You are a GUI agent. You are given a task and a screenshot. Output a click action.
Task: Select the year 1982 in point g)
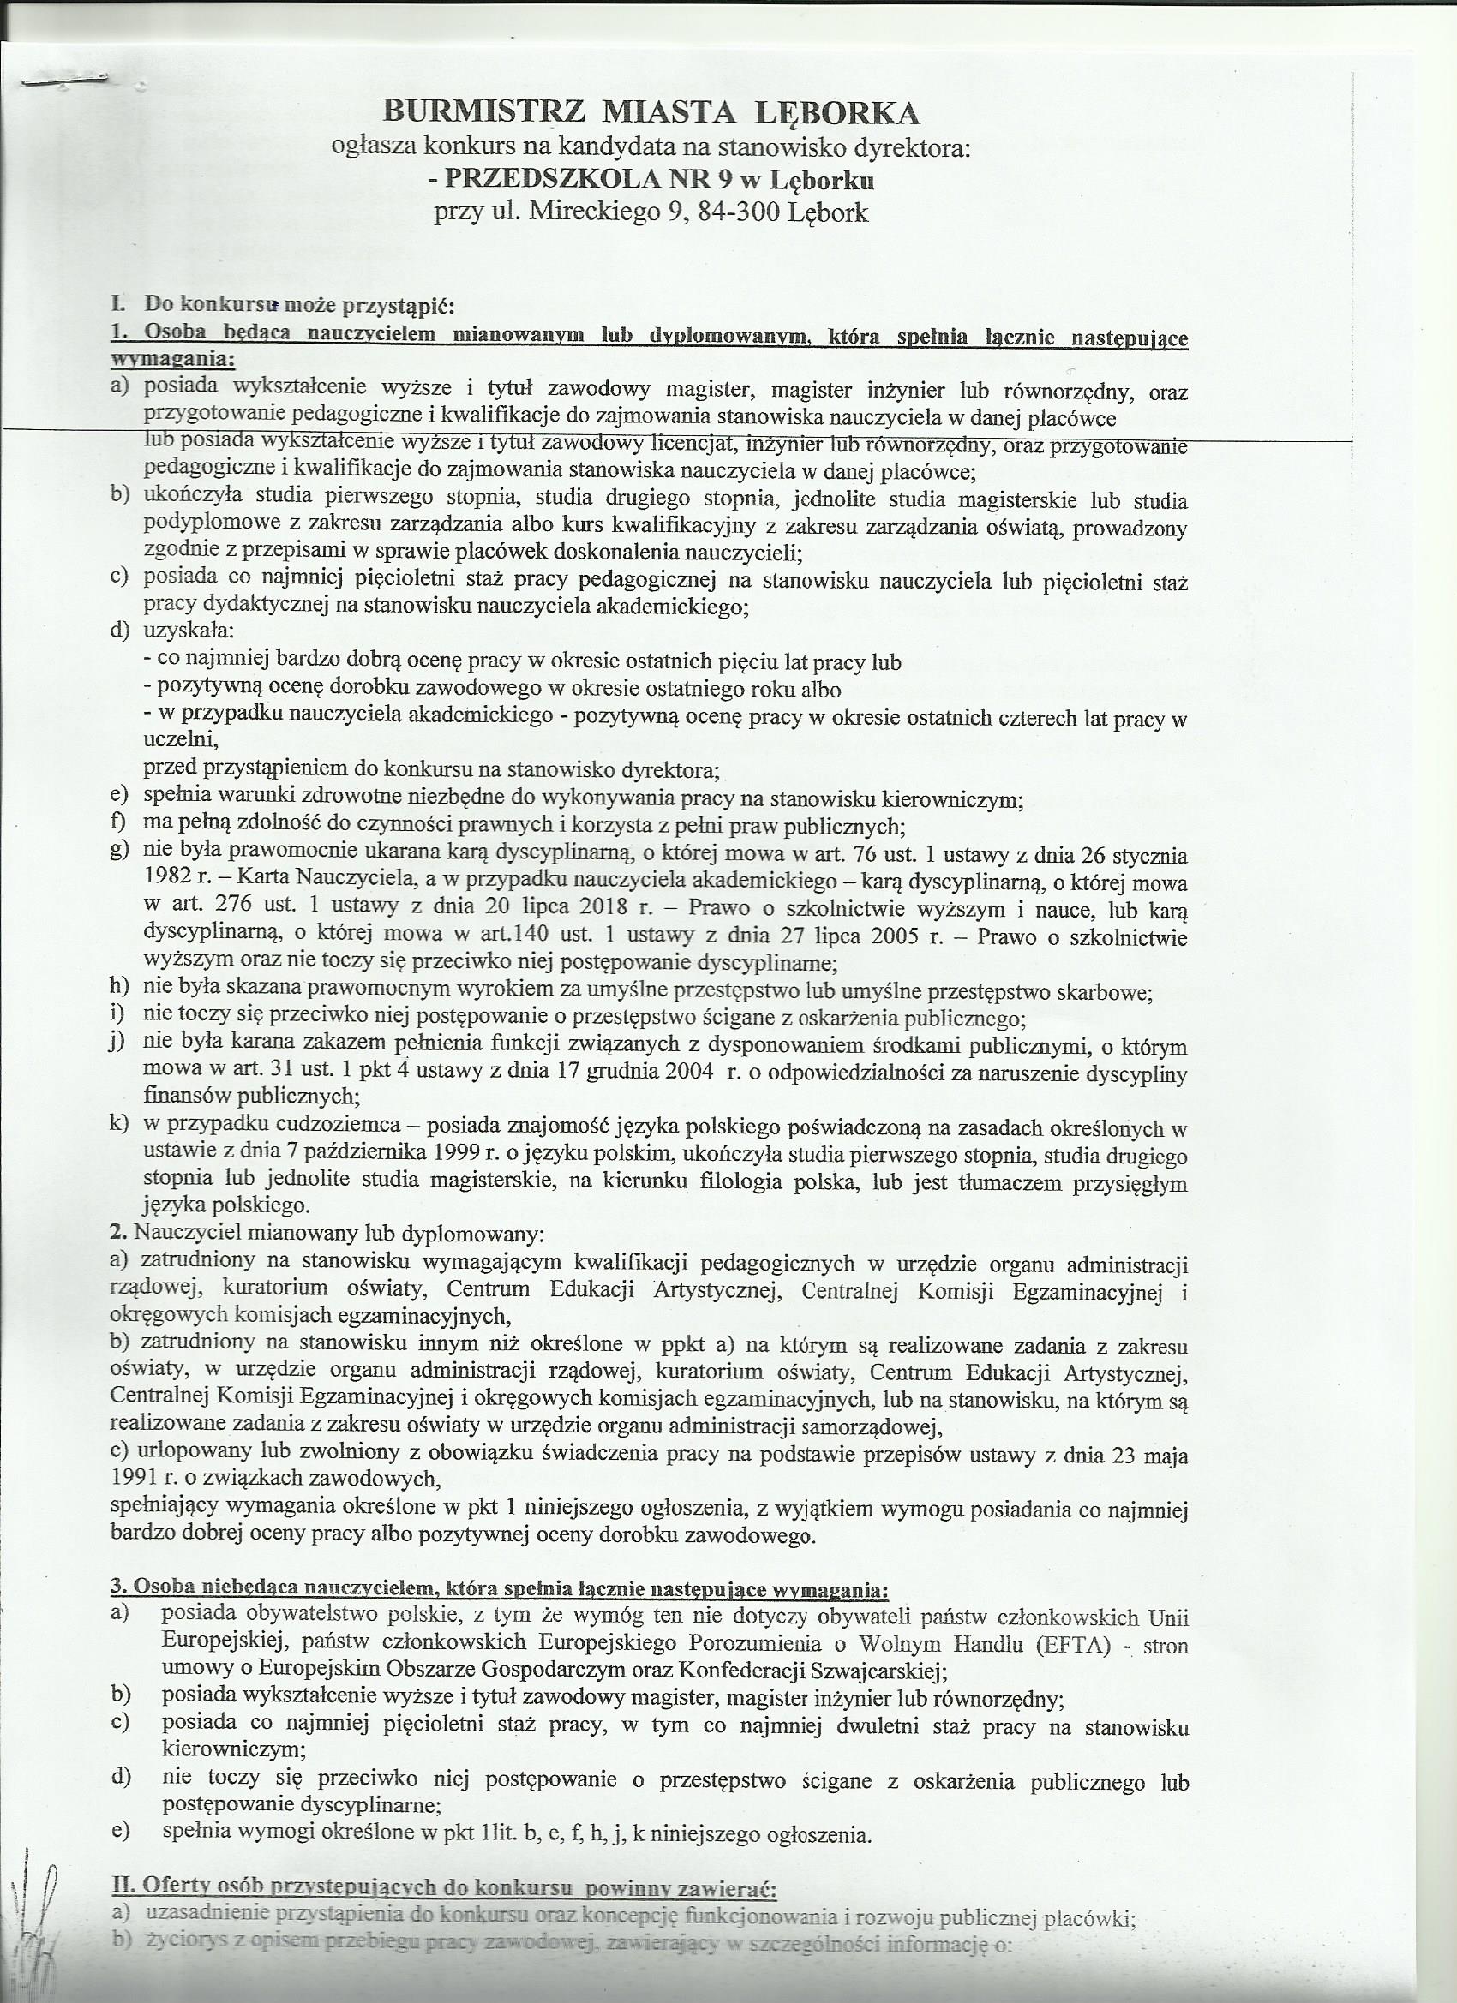coord(168,882)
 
